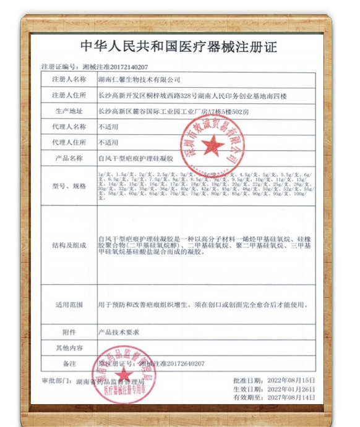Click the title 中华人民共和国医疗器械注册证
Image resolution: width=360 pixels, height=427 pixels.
pyautogui.click(x=179, y=47)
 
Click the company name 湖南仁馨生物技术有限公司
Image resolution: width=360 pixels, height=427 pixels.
pyautogui.click(x=139, y=80)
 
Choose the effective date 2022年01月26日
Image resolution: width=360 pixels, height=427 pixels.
pyautogui.click(x=293, y=389)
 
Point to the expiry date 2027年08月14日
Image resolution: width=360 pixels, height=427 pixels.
pyautogui.click(x=293, y=399)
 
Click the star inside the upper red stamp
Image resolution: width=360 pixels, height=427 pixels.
pyautogui.click(x=213, y=145)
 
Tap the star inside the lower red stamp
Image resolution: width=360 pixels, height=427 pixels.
pyautogui.click(x=123, y=374)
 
